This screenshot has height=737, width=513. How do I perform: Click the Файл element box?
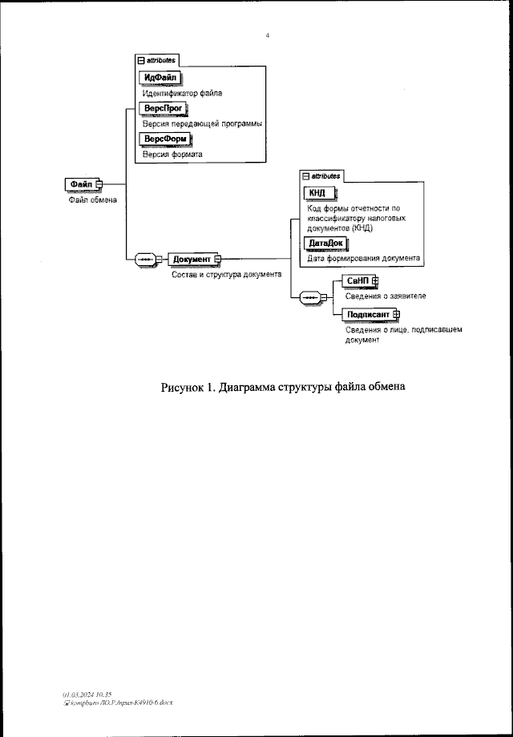[81, 184]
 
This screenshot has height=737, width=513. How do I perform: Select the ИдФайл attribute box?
[160, 78]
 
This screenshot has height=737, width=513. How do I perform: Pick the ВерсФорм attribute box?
[165, 139]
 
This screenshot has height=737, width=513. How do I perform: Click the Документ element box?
[191, 259]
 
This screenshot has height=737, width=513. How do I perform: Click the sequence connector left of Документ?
[146, 259]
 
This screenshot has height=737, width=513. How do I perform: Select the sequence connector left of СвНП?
[310, 298]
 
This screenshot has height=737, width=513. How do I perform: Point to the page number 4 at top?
[267, 34]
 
